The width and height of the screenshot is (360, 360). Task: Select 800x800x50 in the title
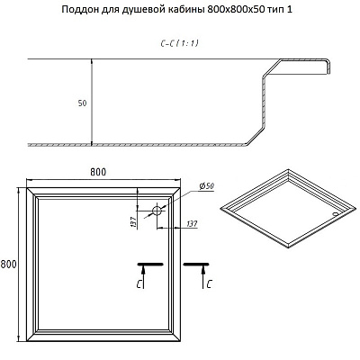point(237,9)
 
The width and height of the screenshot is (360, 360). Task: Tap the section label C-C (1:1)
point(179,43)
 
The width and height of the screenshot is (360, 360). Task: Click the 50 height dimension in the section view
point(82,103)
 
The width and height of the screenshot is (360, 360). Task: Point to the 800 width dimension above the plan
point(98,172)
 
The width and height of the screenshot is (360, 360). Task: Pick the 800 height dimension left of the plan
point(8,265)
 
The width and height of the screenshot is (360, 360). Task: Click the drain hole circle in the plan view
point(157,211)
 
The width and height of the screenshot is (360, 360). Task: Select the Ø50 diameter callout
point(207,186)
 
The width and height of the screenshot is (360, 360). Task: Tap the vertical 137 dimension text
point(133,221)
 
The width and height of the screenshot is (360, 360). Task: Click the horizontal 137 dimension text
point(192,224)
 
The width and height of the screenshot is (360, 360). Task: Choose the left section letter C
point(139,284)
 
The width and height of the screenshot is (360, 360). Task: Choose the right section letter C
point(209,284)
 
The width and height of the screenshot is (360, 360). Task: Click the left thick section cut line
point(150,265)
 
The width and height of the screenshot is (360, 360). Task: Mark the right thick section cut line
point(196,265)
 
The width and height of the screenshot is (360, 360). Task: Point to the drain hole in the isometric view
point(336,214)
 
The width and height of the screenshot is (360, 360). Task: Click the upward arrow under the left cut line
point(143,277)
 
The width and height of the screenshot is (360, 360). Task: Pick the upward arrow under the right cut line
point(203,277)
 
